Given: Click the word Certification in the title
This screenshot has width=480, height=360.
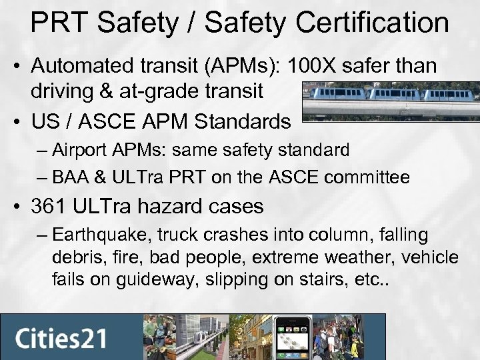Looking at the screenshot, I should tap(376, 23).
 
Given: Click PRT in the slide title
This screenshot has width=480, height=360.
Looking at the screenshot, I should tap(57, 23).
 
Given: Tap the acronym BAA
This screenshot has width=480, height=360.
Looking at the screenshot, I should tap(71, 177).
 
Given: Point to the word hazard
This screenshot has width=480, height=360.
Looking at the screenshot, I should tap(171, 207).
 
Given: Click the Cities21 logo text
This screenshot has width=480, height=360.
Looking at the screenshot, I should tap(61, 337).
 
